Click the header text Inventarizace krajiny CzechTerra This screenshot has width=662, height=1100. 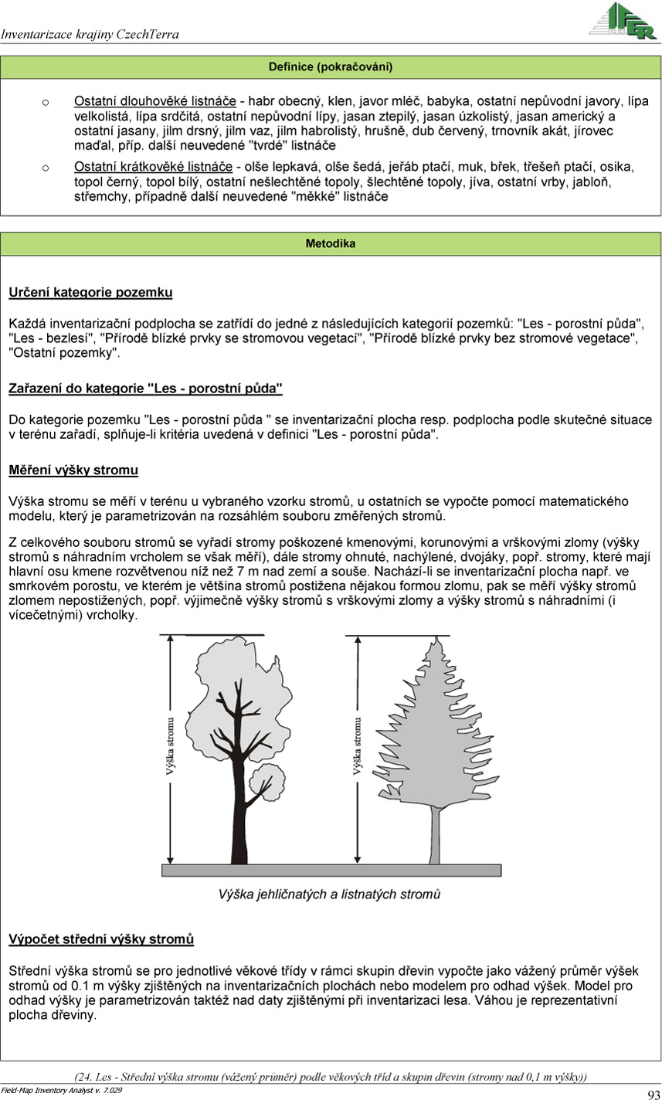pyautogui.click(x=90, y=34)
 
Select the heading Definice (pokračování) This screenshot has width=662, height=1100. pyautogui.click(x=331, y=67)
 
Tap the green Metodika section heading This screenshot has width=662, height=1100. pyautogui.click(x=331, y=244)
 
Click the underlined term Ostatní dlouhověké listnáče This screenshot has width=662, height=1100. pyautogui.click(x=154, y=101)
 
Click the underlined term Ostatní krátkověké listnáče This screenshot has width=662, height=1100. pyautogui.click(x=154, y=167)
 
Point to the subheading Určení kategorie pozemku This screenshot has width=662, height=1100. pyautogui.click(x=90, y=293)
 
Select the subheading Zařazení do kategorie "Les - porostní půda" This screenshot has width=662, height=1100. pyautogui.click(x=145, y=389)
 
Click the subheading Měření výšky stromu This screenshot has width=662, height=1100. pyautogui.click(x=73, y=470)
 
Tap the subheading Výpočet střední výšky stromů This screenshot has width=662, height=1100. pyautogui.click(x=101, y=939)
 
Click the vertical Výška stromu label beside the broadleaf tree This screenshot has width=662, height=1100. pyautogui.click(x=170, y=746)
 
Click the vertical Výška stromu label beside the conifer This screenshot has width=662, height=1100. pyautogui.click(x=357, y=746)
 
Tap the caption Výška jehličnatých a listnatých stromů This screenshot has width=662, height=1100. pyautogui.click(x=329, y=895)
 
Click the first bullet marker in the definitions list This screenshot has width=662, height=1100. pyautogui.click(x=46, y=101)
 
